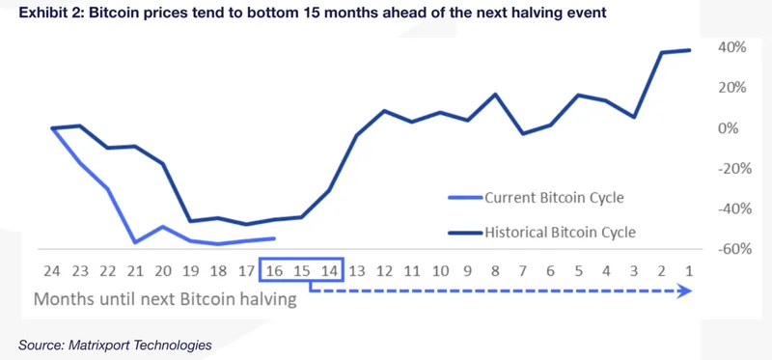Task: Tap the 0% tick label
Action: (x=731, y=128)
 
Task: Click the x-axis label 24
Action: (x=52, y=272)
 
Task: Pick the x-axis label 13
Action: (x=357, y=272)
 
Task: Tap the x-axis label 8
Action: (x=495, y=272)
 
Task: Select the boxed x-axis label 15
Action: (x=301, y=272)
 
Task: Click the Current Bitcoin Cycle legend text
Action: (x=554, y=198)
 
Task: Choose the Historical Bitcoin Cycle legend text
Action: (x=560, y=232)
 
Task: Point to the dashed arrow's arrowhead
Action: (x=686, y=291)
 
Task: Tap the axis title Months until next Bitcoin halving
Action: (x=165, y=299)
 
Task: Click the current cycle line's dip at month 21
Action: (x=136, y=242)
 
